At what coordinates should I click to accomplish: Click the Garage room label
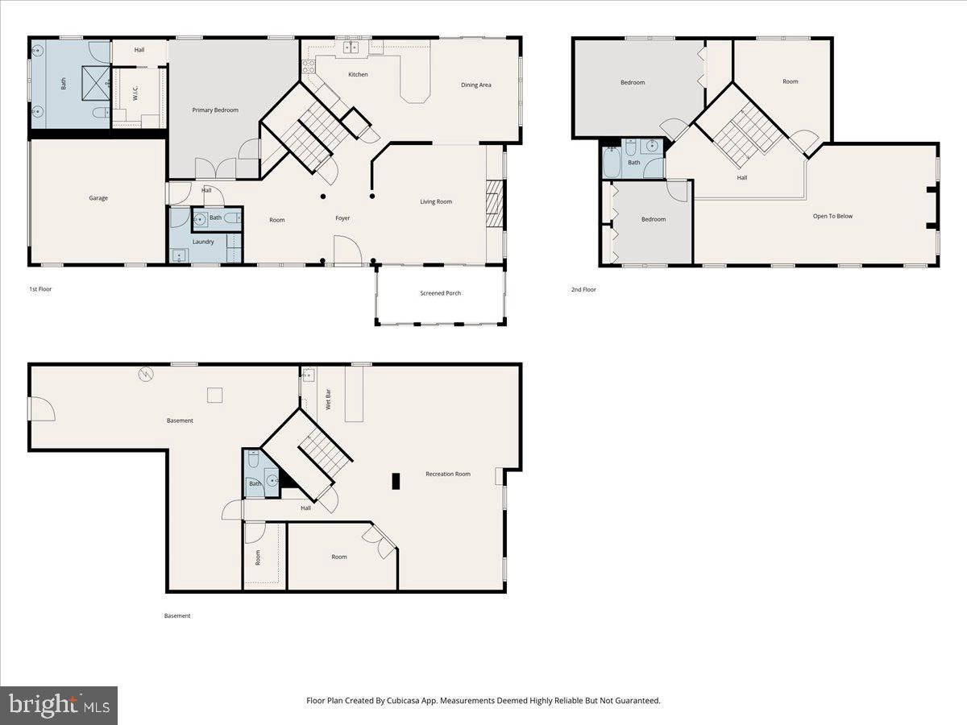(98, 198)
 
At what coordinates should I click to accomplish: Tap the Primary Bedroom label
(215, 110)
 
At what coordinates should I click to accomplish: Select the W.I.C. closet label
(135, 93)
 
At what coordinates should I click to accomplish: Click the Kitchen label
(358, 74)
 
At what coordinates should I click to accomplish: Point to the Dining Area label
(475, 85)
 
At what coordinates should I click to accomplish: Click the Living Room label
(436, 201)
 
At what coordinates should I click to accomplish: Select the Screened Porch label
(441, 293)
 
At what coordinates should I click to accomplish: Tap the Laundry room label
(203, 242)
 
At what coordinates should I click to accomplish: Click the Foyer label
(342, 217)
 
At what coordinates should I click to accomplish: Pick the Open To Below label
(832, 216)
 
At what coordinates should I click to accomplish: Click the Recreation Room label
(448, 474)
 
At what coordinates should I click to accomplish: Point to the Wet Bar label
(328, 400)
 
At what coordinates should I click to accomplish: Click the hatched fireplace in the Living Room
(494, 204)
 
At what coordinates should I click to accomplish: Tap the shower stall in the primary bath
(97, 83)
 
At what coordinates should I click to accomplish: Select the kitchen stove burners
(309, 67)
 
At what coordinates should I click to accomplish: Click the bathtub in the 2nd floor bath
(612, 163)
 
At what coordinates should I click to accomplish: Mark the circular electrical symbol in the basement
(146, 374)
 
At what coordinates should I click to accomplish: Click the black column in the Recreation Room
(396, 481)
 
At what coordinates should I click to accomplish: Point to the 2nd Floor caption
(583, 290)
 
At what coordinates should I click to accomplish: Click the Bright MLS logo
(59, 706)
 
